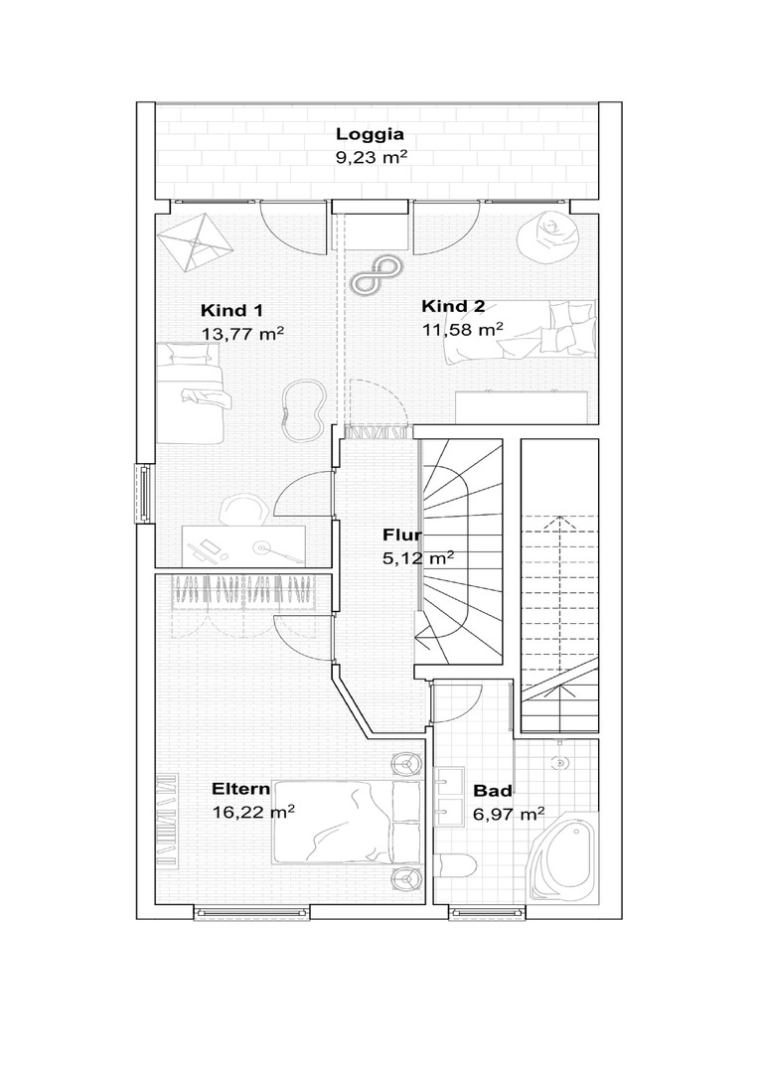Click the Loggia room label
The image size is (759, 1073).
pyautogui.click(x=370, y=135)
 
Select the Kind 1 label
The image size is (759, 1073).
pyautogui.click(x=231, y=311)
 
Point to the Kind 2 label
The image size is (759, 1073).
pyautogui.click(x=453, y=306)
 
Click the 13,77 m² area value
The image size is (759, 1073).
pyautogui.click(x=242, y=333)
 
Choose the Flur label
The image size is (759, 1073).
pyautogui.click(x=401, y=535)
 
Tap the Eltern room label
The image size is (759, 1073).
pyautogui.click(x=240, y=789)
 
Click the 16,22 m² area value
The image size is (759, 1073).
pyautogui.click(x=253, y=813)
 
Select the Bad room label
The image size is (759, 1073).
pyautogui.click(x=493, y=791)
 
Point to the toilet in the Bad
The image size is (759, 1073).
pyautogui.click(x=457, y=866)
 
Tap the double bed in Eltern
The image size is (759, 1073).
pyautogui.click(x=347, y=823)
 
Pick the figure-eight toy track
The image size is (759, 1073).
pyautogui.click(x=376, y=275)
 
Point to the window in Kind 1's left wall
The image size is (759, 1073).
pyautogui.click(x=144, y=494)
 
